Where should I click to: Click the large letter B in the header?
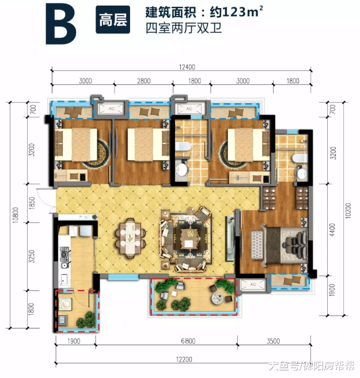point(60,24)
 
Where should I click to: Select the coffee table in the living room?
point(190,236)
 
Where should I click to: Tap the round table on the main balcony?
point(218,297)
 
